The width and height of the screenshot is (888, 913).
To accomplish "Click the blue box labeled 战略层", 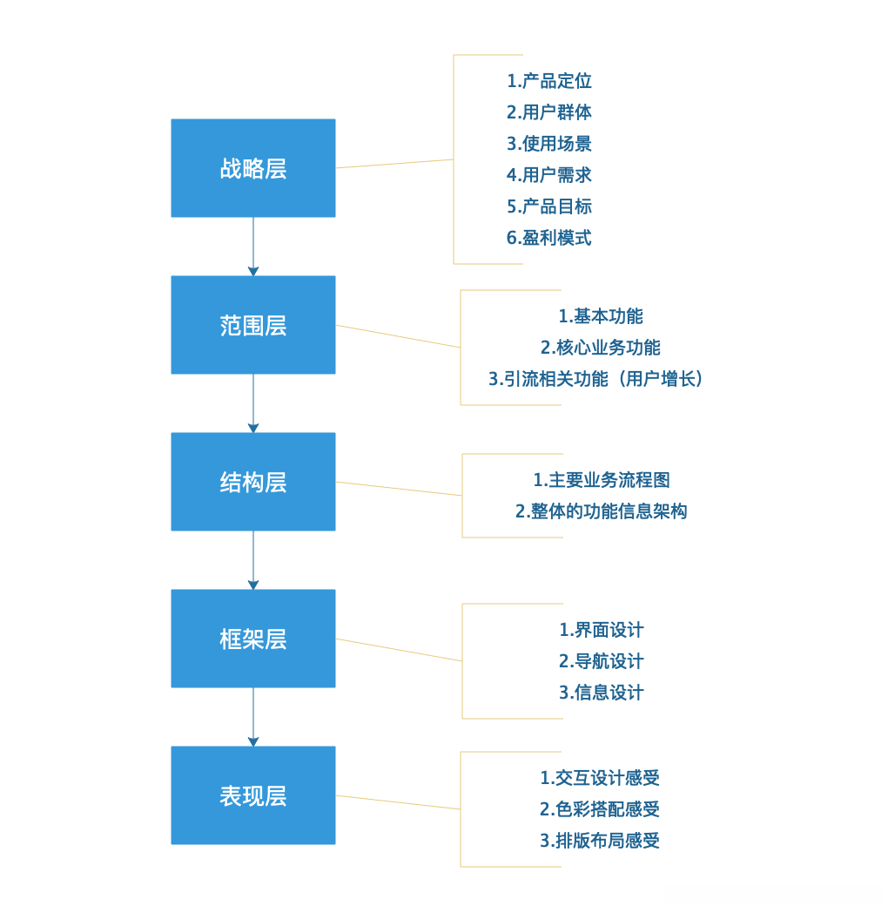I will point(252,168).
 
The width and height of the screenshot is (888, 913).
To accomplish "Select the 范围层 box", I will point(252,325).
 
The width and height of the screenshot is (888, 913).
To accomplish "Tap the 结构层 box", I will point(252,482).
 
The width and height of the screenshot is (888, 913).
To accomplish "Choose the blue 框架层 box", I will point(252,639).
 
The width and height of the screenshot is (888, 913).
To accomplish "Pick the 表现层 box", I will point(252,795).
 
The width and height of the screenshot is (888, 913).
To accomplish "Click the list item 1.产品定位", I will point(549,81).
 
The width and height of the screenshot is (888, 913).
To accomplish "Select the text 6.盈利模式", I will point(549,238).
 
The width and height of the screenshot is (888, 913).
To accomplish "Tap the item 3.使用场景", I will point(549,144).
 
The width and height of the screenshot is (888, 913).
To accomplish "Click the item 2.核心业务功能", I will point(601,348).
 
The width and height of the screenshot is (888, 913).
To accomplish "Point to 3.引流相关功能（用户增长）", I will point(595,379).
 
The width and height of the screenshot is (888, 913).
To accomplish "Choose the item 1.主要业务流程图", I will point(602,480).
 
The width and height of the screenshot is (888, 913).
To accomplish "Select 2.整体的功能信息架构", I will point(602,511).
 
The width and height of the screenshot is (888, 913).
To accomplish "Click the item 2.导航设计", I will point(602,661).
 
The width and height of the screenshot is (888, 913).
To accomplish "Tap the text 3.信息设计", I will point(602,693).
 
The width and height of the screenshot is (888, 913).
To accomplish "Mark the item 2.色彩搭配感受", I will point(600,809).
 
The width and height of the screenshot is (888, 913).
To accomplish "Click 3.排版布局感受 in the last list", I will point(600,841).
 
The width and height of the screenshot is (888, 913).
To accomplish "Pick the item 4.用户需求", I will point(549,175).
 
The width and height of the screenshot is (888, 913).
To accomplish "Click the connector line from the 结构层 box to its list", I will point(399,489).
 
